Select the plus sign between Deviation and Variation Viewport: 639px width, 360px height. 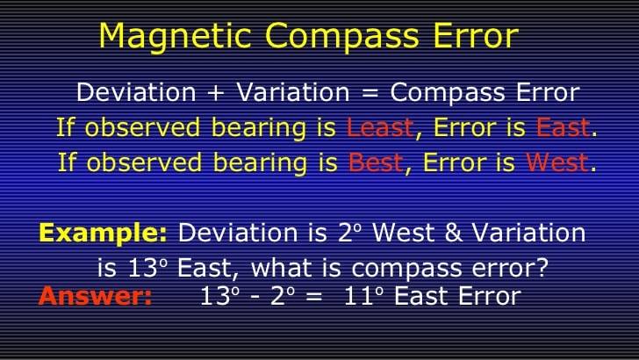point(216,93)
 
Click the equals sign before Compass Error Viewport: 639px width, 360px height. point(370,93)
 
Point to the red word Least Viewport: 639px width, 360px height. point(380,127)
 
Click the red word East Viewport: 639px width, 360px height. point(563,127)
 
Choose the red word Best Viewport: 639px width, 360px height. point(376,162)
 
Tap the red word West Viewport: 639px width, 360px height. point(556,162)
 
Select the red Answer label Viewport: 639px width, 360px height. point(95,296)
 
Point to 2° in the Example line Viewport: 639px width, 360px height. point(349,234)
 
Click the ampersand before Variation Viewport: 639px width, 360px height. point(454,234)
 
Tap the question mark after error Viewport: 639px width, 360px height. point(542,269)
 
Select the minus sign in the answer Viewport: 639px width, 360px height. point(255,298)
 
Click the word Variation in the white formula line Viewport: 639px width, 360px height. point(293,92)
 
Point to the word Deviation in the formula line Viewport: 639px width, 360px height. point(136,92)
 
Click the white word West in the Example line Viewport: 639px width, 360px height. point(404,234)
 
